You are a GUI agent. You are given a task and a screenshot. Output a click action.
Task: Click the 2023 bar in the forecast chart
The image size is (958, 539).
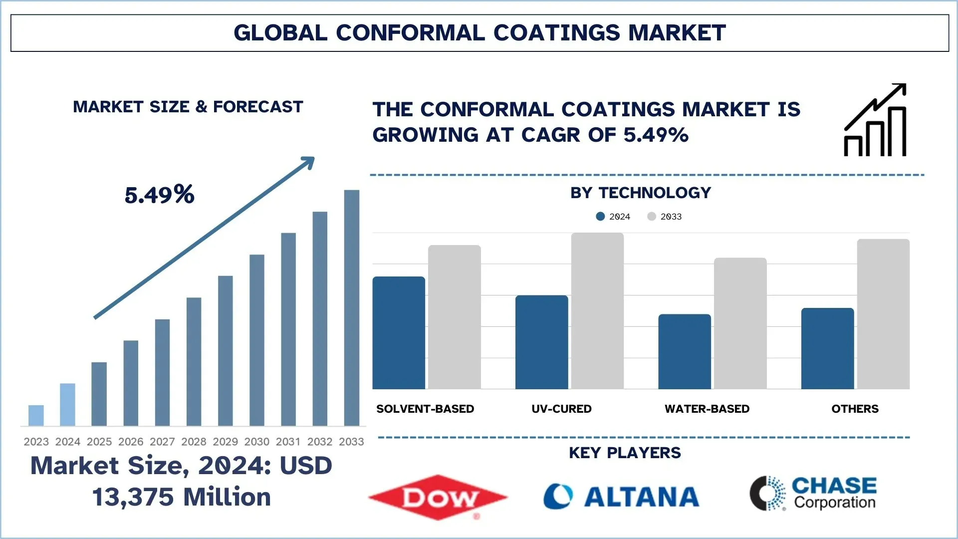coord(36,415)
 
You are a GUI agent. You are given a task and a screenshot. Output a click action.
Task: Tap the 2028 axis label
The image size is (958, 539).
coord(194,442)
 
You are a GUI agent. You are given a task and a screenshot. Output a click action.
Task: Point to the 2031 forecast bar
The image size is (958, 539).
coord(288,329)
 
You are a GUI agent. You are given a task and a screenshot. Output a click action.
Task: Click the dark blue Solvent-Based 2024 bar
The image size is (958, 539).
coord(399,333)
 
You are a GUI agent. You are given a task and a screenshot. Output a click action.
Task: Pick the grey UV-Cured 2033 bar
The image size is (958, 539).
coord(597,311)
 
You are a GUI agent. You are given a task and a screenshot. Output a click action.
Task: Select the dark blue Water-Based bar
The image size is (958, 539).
coord(685,351)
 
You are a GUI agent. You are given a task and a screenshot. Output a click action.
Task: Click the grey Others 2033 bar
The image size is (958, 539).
coord(883,314)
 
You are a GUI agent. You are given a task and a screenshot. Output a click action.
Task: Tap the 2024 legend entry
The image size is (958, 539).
coord(613,217)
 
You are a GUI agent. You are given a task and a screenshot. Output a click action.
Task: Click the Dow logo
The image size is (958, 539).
coord(438,497)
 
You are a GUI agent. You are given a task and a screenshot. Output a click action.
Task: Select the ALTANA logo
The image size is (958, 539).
coord(621,497)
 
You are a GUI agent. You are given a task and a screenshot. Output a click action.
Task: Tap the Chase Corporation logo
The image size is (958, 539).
coord(813,493)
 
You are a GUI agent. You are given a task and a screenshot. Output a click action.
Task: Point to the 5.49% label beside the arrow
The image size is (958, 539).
coord(159,195)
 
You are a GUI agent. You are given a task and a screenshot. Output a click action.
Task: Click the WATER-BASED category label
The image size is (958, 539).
coord(707,409)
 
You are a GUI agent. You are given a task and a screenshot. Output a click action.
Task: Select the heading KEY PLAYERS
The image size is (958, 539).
coord(625,453)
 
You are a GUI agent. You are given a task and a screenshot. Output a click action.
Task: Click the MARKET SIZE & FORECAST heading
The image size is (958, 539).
coord(188,107)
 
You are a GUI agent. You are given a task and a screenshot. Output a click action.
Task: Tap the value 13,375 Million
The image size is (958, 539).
coord(182,497)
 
